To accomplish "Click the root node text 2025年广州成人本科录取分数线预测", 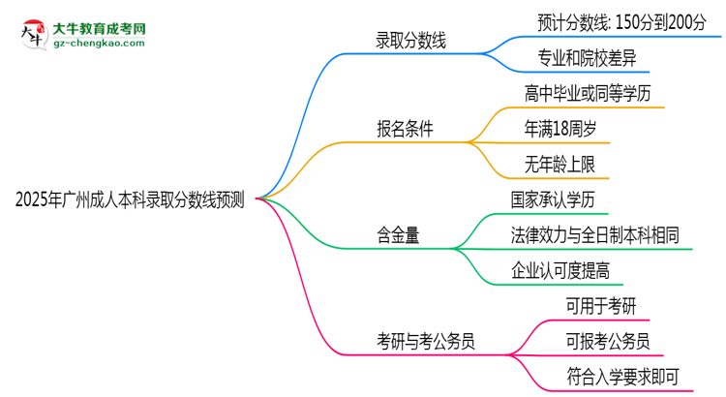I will [130, 200].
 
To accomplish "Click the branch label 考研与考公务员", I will [426, 341].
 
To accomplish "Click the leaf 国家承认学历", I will [553, 200].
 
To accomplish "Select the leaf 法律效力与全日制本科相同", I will [594, 235].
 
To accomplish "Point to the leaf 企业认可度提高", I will [566, 270].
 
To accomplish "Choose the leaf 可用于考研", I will [601, 306].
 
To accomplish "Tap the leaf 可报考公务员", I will [608, 341].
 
